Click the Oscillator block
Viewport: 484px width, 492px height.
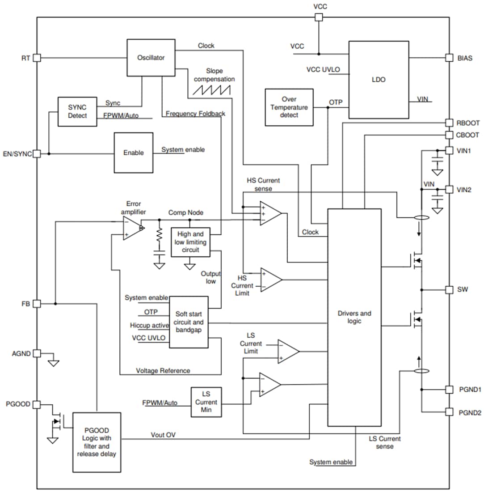point(151,58)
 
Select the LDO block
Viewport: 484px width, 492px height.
point(378,80)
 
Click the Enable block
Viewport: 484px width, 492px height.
point(133,153)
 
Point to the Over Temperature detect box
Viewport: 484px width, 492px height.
point(289,107)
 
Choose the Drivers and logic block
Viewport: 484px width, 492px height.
point(354,317)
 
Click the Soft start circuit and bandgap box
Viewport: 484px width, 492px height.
point(188,322)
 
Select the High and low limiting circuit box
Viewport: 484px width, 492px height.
point(190,242)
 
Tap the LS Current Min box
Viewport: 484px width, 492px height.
point(206,402)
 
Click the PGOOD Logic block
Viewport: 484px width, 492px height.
point(97,441)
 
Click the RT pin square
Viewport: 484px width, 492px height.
point(37,58)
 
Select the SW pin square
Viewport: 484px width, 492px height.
point(449,289)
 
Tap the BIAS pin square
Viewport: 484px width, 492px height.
point(449,58)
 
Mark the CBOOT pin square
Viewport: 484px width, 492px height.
point(449,135)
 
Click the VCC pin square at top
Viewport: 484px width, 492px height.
point(319,17)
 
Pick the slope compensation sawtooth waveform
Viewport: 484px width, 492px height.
point(211,89)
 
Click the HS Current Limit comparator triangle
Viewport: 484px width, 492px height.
point(271,280)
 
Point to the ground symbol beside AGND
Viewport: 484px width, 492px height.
point(53,362)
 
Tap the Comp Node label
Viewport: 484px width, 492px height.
point(185,213)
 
